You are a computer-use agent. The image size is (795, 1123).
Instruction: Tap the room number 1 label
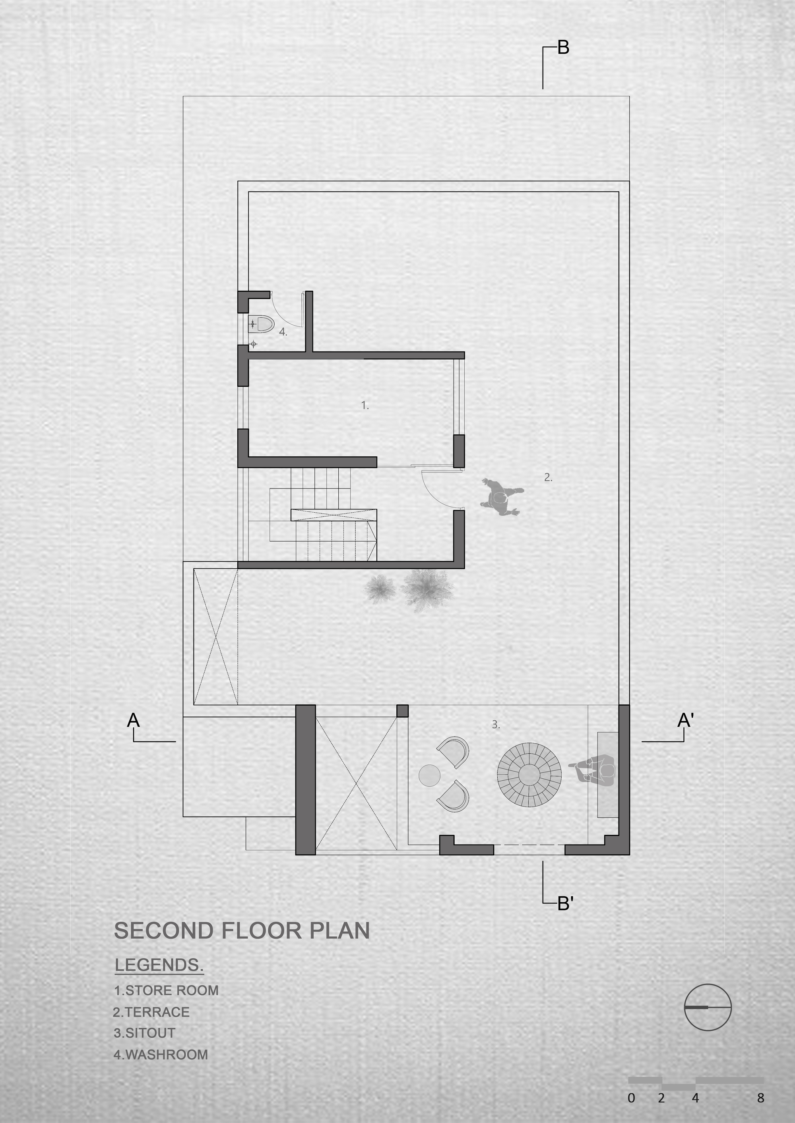click(x=365, y=405)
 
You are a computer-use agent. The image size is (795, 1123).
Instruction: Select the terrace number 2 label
click(x=548, y=477)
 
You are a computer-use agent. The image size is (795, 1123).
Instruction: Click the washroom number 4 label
click(x=283, y=332)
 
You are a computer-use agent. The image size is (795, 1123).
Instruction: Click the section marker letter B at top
click(x=563, y=47)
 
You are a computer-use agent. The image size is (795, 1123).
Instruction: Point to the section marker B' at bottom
click(x=565, y=904)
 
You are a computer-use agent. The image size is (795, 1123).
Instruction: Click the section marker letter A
click(x=133, y=720)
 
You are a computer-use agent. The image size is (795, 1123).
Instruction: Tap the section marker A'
click(x=685, y=720)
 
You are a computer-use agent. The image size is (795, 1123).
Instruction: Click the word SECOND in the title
click(x=164, y=931)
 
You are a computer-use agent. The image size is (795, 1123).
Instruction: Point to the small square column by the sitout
click(x=402, y=711)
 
